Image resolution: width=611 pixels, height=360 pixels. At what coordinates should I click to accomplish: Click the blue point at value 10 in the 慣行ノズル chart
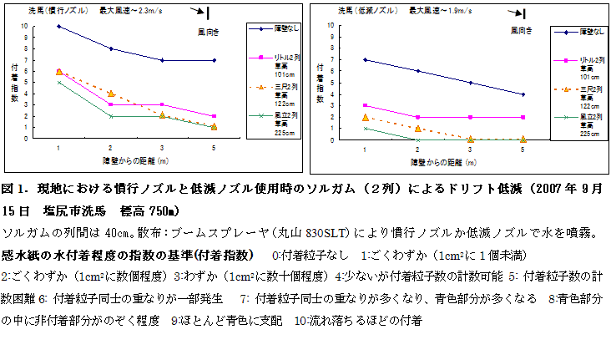click(x=58, y=26)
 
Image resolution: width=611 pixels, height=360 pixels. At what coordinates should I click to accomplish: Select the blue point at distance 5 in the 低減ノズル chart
click(x=523, y=94)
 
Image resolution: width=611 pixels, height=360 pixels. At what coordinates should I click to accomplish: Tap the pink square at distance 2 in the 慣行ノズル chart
click(x=110, y=104)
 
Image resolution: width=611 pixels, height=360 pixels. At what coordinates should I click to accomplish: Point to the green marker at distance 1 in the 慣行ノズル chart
click(x=58, y=82)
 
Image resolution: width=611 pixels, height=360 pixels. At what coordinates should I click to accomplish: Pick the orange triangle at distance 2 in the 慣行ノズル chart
click(x=110, y=94)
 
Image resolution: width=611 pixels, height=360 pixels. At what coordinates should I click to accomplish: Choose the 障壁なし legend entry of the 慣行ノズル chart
click(x=275, y=28)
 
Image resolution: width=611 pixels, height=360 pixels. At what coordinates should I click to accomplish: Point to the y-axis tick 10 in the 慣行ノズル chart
click(x=34, y=26)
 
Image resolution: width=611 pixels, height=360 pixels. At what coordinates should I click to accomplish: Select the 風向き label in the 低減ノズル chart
click(x=523, y=29)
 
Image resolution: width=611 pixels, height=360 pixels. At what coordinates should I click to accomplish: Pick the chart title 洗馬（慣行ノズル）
click(x=62, y=10)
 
